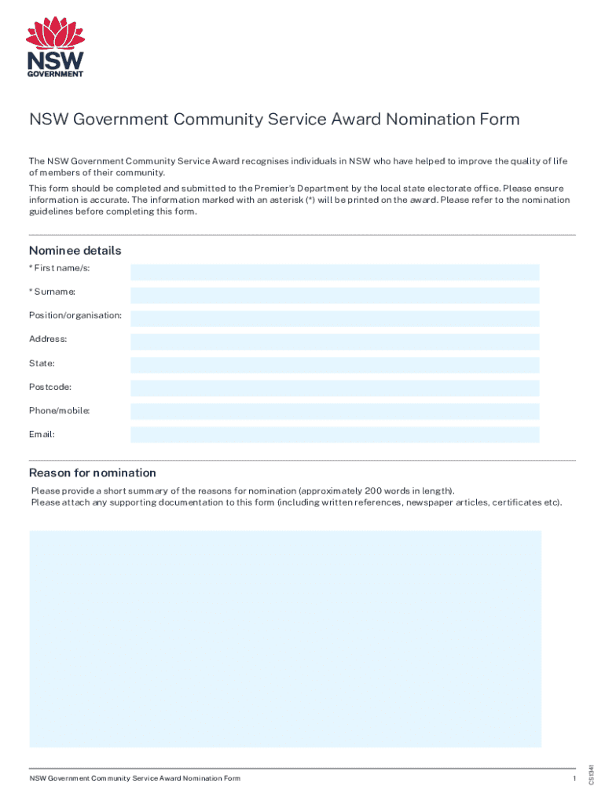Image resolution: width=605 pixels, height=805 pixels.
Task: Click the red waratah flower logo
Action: click(56, 33)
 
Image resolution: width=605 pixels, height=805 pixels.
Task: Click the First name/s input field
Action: click(335, 272)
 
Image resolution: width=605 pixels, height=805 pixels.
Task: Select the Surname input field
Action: click(335, 296)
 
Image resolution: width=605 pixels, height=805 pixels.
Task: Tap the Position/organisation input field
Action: click(335, 318)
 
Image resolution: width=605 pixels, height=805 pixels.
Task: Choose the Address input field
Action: click(335, 342)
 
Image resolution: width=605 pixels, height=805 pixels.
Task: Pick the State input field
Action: click(335, 365)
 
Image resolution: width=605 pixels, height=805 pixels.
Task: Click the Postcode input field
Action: click(335, 388)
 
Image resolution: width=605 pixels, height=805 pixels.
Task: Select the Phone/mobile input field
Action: click(335, 411)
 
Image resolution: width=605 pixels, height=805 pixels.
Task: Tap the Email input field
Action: click(335, 435)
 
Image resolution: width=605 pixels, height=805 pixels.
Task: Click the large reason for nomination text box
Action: click(285, 638)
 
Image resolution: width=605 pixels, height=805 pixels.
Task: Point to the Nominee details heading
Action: click(75, 251)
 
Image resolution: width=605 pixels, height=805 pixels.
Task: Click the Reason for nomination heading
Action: click(93, 472)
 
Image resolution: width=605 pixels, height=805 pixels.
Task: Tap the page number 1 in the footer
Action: click(575, 778)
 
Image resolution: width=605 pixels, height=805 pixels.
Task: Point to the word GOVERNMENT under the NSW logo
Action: click(56, 74)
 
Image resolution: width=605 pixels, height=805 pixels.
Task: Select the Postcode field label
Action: click(50, 388)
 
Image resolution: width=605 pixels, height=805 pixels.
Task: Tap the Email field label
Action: click(42, 434)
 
